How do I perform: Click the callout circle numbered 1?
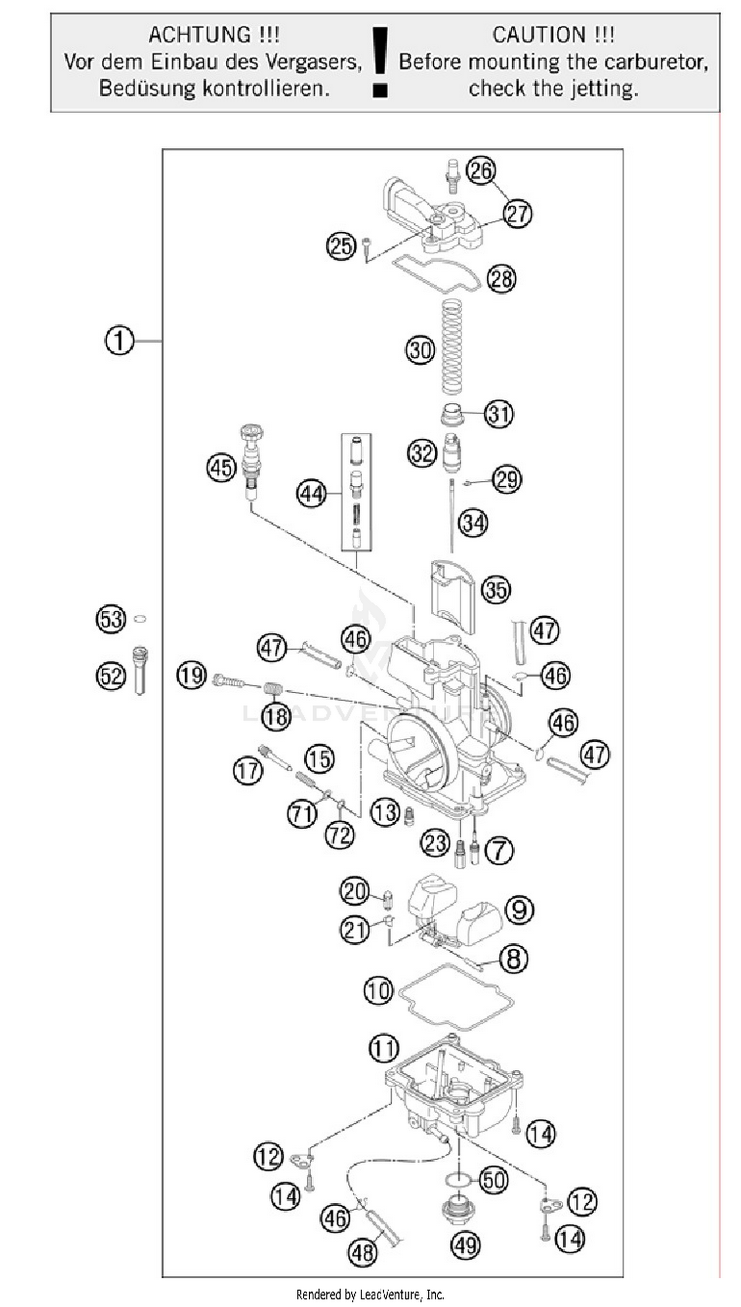(x=119, y=340)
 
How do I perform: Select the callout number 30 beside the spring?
(x=420, y=351)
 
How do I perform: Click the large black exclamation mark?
(x=380, y=62)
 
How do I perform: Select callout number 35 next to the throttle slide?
(x=496, y=590)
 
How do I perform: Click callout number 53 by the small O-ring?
(x=112, y=619)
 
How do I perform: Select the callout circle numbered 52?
(x=112, y=676)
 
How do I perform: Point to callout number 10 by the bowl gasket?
(x=378, y=990)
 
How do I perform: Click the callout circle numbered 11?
(x=384, y=1048)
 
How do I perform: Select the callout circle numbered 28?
(x=501, y=278)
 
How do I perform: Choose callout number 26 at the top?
(x=481, y=170)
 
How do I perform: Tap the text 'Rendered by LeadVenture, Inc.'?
(x=370, y=1294)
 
